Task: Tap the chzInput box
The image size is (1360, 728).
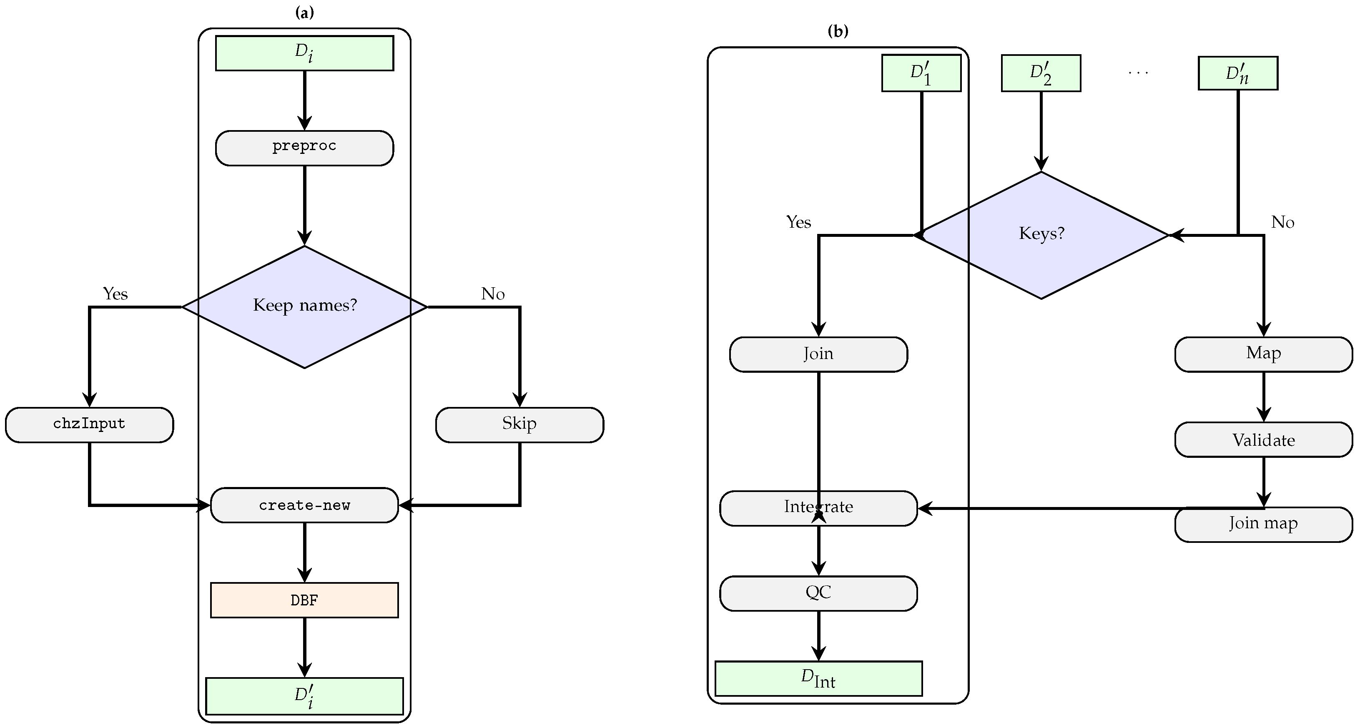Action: coord(89,424)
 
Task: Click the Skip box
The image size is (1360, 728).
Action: coord(519,424)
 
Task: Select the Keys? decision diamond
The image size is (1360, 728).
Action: coord(1041,234)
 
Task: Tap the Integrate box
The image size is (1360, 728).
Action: coord(818,508)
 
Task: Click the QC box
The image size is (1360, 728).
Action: coord(818,593)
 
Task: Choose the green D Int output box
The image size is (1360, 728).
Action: coord(818,678)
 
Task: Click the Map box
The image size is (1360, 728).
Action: coord(1263,354)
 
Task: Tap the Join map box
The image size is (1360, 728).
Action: coord(1263,524)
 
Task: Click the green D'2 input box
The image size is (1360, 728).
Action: coord(1041,73)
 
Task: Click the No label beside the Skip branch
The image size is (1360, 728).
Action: coord(492,294)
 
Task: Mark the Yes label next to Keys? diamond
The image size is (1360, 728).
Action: coord(798,222)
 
